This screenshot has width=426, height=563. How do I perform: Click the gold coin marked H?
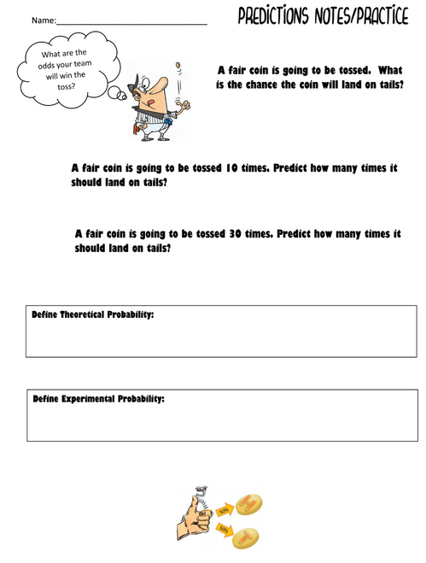click(x=250, y=504)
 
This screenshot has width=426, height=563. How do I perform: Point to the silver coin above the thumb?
click(x=201, y=493)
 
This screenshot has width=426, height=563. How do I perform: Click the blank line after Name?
click(x=128, y=21)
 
